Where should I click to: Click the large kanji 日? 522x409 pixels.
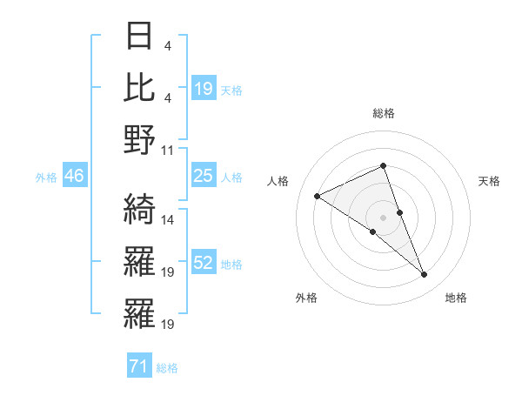[x=139, y=37]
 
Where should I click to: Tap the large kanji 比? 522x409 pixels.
[x=139, y=87]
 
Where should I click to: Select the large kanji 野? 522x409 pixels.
[x=139, y=139]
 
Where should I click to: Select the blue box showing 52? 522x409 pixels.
[x=203, y=264]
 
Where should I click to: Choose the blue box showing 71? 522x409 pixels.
[x=138, y=367]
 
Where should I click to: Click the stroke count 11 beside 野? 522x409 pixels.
[x=169, y=150]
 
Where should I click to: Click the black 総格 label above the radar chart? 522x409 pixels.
[x=383, y=113]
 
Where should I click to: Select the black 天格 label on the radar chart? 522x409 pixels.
[x=490, y=181]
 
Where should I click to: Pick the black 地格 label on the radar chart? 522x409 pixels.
[x=456, y=298]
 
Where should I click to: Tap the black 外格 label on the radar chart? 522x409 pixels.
[x=306, y=298]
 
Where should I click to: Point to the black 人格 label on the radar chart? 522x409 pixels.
[x=278, y=181]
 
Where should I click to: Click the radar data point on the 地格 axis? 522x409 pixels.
[x=425, y=275]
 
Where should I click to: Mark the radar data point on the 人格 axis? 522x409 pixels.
[x=317, y=196]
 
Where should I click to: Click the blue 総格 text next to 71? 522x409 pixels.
[x=167, y=368]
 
